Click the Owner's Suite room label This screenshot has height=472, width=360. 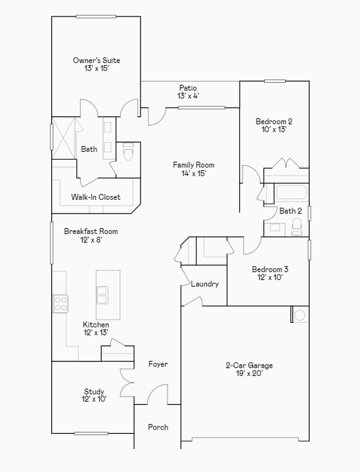point(97,64)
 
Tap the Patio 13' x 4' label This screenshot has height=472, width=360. point(188,91)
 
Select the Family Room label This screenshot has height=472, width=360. point(194,169)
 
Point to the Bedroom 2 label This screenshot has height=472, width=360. point(274,125)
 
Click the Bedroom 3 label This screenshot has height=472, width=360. point(270,273)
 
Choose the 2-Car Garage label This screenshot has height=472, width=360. point(249,369)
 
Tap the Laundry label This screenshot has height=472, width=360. point(204,284)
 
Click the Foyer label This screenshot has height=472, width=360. point(158,364)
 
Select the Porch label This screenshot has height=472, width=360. point(158,427)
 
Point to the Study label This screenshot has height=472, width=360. point(94,395)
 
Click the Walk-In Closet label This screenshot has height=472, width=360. point(96,197)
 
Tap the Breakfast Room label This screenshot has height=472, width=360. point(91,235)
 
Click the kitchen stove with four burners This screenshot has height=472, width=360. point(61,303)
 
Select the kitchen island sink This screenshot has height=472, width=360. point(103,294)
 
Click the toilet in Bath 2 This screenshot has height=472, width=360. point(296,227)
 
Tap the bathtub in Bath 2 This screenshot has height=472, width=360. point(291,193)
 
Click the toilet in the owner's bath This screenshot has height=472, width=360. point(128,152)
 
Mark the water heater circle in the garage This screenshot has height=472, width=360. point(300,316)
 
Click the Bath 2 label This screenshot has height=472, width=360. point(290,211)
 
